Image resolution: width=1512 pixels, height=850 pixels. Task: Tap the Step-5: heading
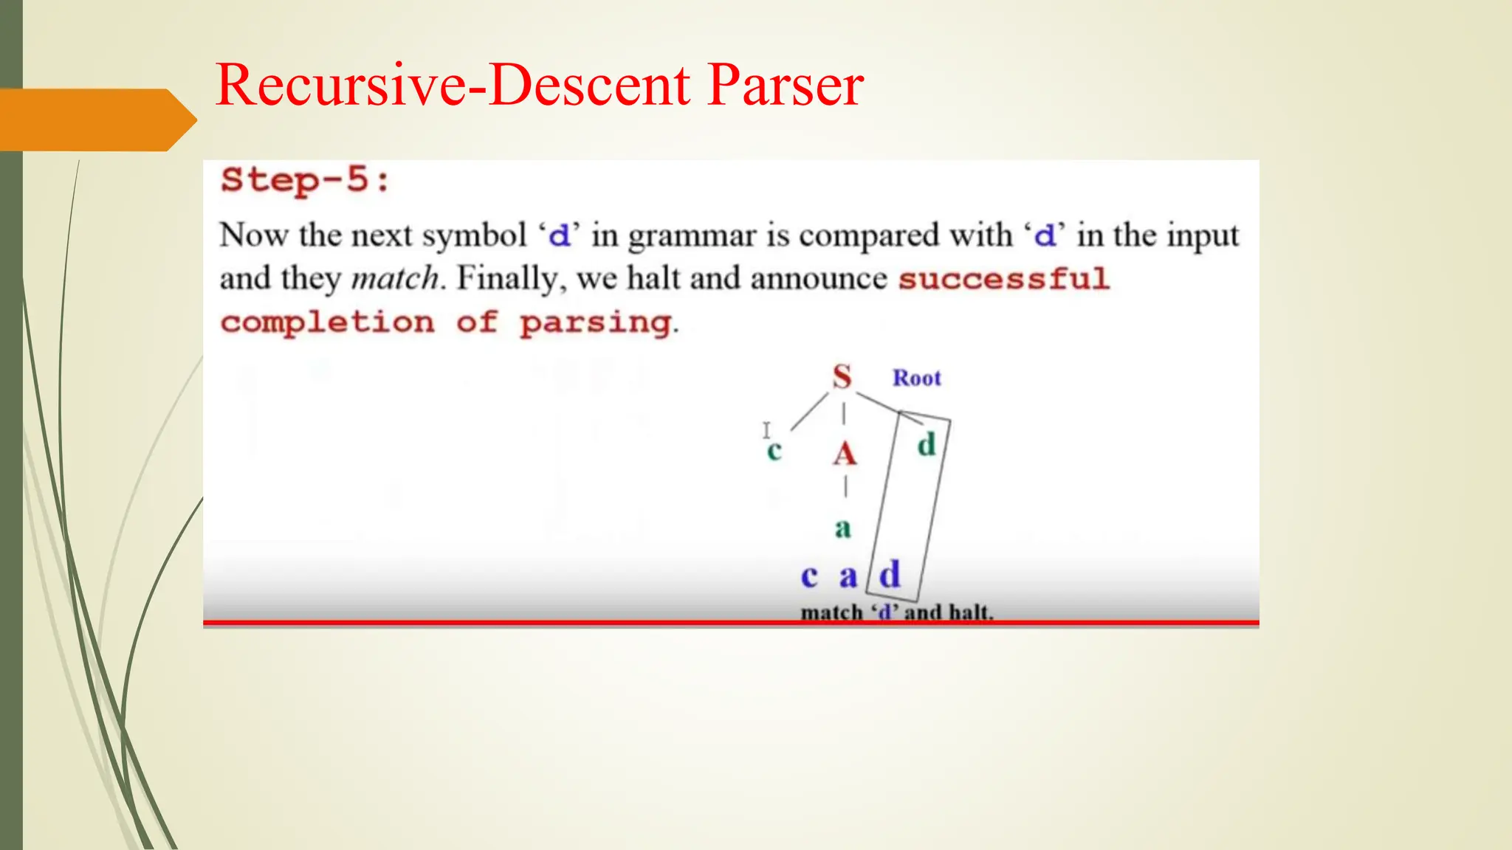click(306, 180)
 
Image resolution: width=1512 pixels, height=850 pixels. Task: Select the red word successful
click(1003, 279)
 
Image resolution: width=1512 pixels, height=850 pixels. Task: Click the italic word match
click(395, 279)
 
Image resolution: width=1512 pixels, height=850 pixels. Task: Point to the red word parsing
click(595, 322)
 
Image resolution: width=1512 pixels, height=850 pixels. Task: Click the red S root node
click(842, 377)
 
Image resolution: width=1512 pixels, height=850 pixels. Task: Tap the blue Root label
click(916, 378)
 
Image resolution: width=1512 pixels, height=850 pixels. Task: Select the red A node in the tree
click(845, 454)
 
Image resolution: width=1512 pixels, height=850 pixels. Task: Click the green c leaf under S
click(774, 450)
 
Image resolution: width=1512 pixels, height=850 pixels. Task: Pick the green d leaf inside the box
click(927, 444)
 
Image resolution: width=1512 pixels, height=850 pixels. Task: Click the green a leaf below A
click(843, 528)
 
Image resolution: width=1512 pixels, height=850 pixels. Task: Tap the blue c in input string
click(809, 576)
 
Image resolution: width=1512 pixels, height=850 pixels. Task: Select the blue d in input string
click(890, 574)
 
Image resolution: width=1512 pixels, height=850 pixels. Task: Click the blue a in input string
click(848, 576)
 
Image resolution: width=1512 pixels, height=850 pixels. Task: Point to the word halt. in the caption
click(970, 612)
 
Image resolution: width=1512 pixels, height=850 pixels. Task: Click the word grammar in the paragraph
click(692, 236)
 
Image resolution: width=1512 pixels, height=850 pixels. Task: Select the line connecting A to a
click(845, 487)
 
